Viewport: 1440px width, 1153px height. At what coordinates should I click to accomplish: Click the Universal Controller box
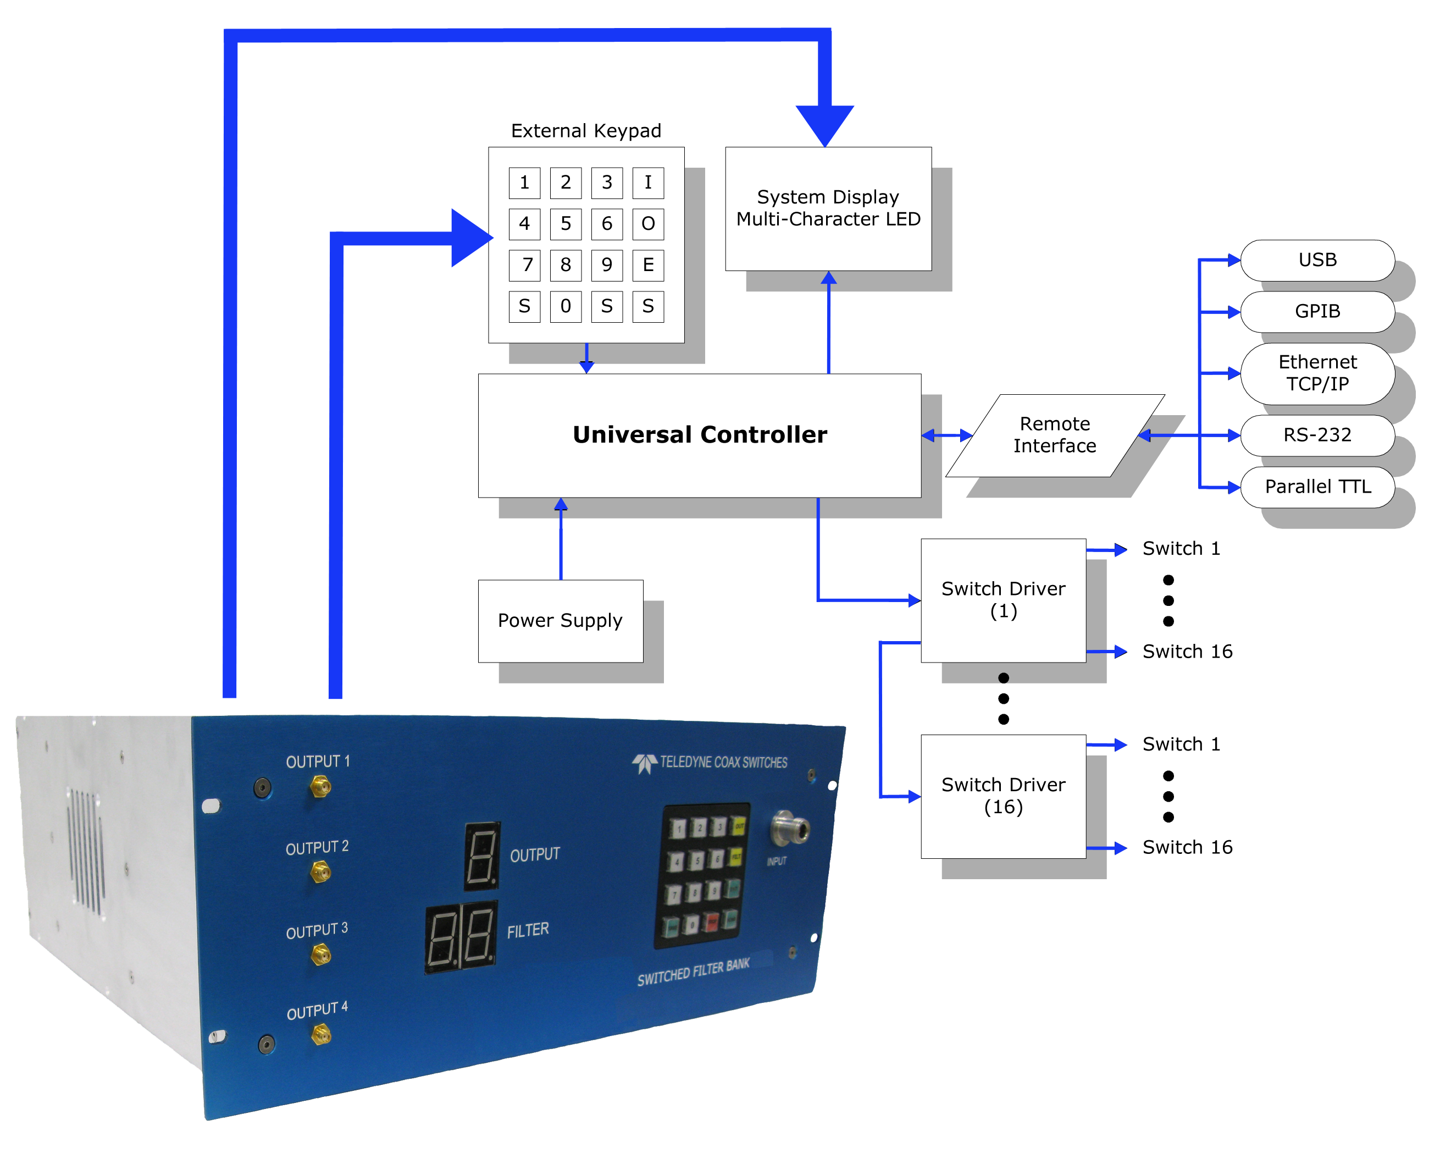[699, 435]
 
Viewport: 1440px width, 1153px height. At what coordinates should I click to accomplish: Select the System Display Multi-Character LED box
[828, 208]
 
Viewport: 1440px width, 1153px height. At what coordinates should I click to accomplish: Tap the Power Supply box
[561, 621]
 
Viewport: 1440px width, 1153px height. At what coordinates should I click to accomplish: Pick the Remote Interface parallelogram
[1055, 435]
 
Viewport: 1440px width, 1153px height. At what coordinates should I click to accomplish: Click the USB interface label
[1317, 260]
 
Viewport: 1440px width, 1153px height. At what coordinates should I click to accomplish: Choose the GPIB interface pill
[1317, 311]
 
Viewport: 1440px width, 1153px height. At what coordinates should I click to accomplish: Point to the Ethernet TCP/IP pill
[1317, 373]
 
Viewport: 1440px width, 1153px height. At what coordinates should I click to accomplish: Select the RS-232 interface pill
[1317, 435]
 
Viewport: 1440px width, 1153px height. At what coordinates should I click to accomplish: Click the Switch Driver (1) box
[1003, 600]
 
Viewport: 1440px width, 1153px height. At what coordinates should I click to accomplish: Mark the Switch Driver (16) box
[1003, 796]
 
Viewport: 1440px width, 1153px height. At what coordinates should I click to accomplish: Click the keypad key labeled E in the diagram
[648, 265]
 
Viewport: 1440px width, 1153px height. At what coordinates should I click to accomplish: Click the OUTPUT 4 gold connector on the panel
[322, 1035]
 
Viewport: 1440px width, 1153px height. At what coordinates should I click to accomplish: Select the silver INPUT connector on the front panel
[790, 829]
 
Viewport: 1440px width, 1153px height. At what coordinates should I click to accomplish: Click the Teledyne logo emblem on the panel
[645, 763]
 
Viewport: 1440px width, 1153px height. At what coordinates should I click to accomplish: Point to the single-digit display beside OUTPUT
[481, 856]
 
